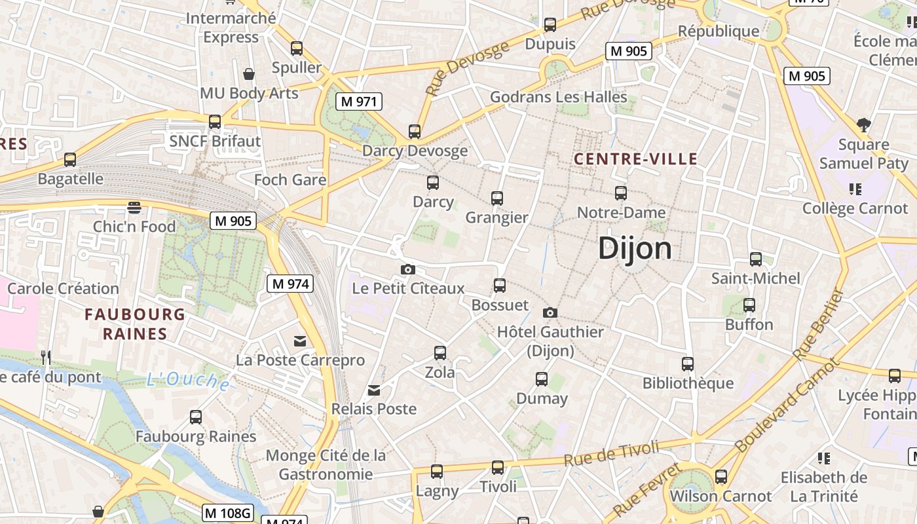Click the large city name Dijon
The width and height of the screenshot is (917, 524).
coord(635,249)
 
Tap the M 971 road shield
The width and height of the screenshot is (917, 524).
coord(358,102)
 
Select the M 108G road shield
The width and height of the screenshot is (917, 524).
coord(227,513)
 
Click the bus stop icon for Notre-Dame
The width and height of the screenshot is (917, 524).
coord(621,193)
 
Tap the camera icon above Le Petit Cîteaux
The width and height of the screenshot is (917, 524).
coord(407,269)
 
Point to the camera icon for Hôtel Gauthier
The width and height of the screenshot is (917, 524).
coord(550,312)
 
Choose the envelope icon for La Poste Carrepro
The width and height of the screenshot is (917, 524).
coord(300,341)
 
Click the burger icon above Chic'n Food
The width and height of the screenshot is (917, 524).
coord(134,208)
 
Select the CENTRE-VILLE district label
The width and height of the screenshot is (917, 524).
coord(635,159)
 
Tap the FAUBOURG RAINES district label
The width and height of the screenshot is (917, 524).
coord(135,324)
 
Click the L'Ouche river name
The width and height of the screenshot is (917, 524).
coord(188,380)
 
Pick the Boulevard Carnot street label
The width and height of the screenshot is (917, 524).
coord(786,406)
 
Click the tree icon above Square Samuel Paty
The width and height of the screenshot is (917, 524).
coord(863,124)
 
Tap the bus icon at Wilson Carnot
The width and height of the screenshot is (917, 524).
coord(721,477)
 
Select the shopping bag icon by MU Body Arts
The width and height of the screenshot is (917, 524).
coord(248,74)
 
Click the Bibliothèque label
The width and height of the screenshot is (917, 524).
coord(688,383)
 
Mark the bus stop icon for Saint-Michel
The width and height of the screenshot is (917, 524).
coord(756,259)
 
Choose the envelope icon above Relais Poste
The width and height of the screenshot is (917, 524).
coord(374,390)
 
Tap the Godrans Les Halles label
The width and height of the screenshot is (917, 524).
coord(559,97)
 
